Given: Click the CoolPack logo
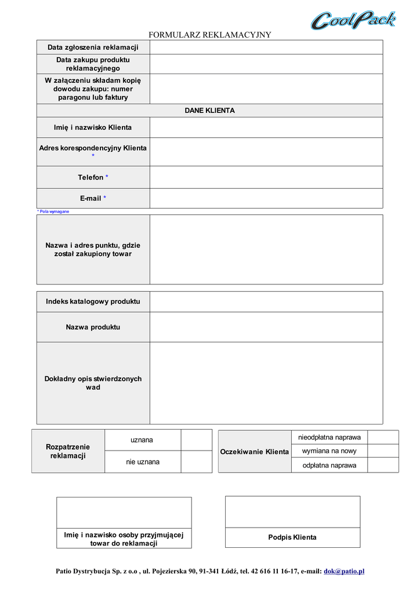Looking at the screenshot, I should (x=353, y=20).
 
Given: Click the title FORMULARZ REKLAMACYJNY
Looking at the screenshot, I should (x=210, y=35).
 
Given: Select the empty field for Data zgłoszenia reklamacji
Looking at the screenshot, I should (x=266, y=47).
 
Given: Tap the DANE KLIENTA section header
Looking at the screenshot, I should (x=209, y=111).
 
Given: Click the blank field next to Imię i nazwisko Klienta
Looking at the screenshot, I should (x=266, y=127).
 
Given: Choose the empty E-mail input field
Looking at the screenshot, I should (x=266, y=198).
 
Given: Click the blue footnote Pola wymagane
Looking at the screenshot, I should (x=53, y=212).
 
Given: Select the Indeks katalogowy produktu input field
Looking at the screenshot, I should (x=266, y=302).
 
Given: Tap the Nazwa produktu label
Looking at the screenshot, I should (x=93, y=327).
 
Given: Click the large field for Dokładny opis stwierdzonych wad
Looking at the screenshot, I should (x=266, y=383).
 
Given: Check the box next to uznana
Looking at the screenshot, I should (x=196, y=440).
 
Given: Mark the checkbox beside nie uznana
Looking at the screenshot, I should (x=196, y=462).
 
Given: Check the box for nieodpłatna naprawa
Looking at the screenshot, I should (x=383, y=437).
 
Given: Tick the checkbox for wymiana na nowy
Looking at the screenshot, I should (x=383, y=451).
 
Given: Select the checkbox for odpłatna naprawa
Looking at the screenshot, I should (x=383, y=465).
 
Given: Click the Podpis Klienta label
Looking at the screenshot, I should (x=292, y=537).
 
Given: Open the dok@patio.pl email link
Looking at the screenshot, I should (x=344, y=572).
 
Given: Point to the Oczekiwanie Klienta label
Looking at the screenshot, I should (x=255, y=452).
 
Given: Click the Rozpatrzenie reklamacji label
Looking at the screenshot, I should (x=68, y=451).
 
